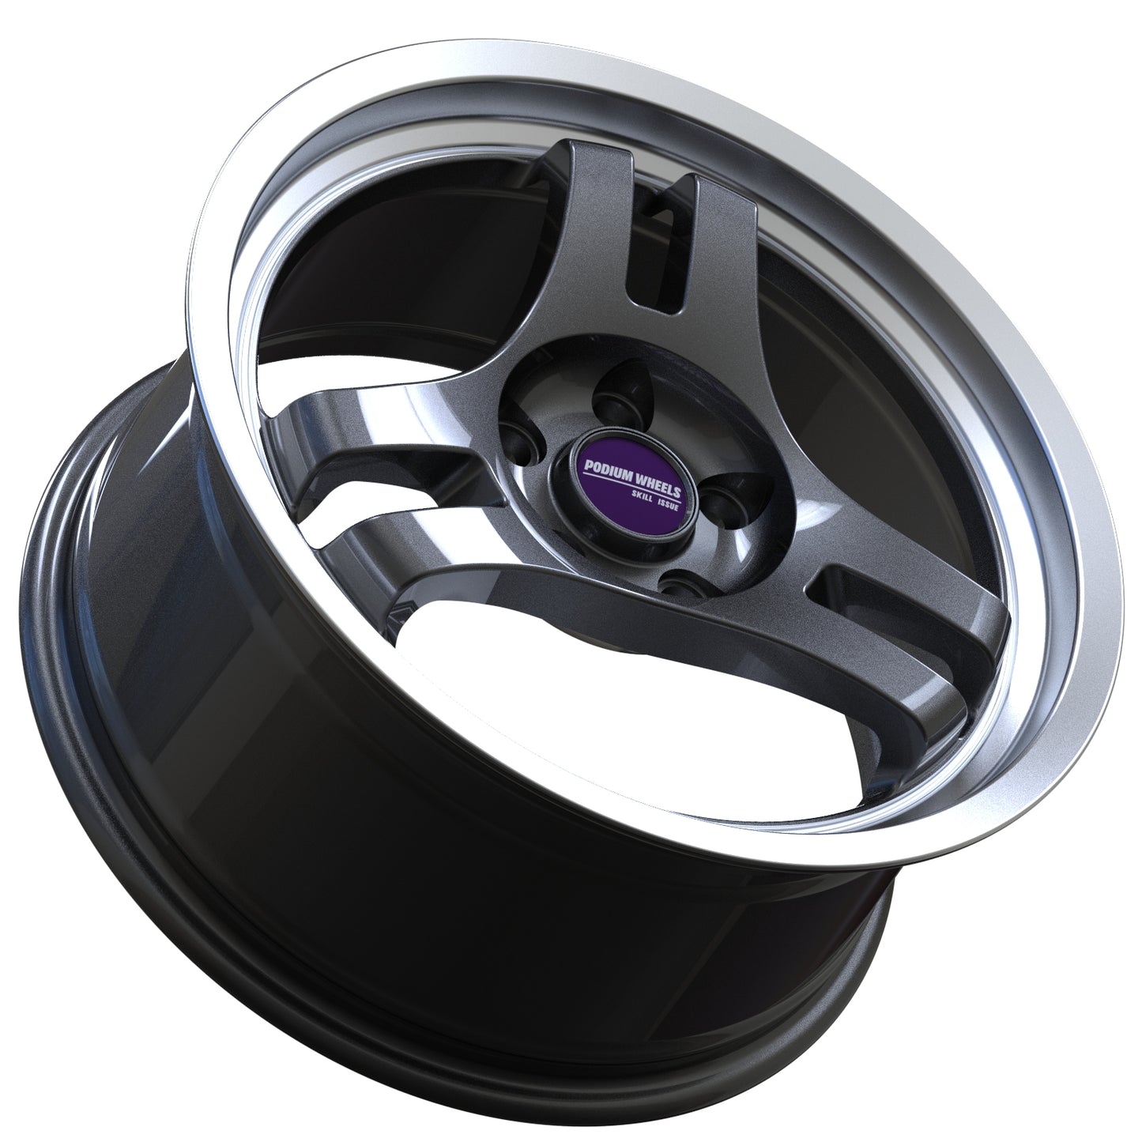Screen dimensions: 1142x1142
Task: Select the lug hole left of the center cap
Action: [522, 439]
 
